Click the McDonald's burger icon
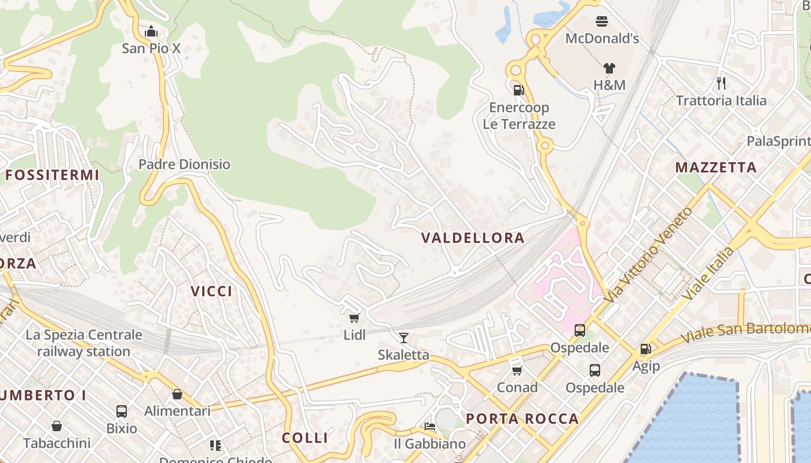[x=602, y=22]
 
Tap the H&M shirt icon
[x=609, y=68]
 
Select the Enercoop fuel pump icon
[x=518, y=90]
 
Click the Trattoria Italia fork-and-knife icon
[x=721, y=83]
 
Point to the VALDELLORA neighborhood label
[x=473, y=238]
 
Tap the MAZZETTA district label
[x=716, y=168]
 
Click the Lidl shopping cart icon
[x=354, y=318]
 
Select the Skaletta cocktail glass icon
[x=404, y=337]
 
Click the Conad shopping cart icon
[x=517, y=370]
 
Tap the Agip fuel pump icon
[x=645, y=349]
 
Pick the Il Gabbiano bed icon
[x=430, y=427]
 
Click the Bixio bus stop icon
[x=122, y=411]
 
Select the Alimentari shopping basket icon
[x=177, y=394]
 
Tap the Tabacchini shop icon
[x=57, y=427]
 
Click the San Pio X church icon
[x=151, y=31]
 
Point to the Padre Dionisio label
[x=184, y=164]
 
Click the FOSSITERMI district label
[x=53, y=175]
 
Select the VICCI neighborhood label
[x=211, y=291]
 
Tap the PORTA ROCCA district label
[x=523, y=419]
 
